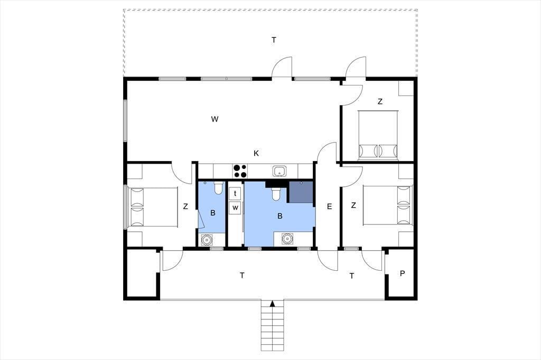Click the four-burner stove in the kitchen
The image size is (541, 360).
coord(240,170)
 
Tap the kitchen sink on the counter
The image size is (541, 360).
coord(278,170)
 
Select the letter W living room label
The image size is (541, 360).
coord(214,119)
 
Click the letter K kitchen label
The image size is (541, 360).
coord(256,154)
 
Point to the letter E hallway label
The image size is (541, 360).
coord(329,206)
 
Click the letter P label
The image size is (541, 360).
coord(402,273)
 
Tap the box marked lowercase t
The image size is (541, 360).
coord(235,193)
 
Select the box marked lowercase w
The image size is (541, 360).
coord(235,207)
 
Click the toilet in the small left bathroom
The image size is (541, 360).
coord(218,188)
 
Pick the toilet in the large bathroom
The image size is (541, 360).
coord(276,194)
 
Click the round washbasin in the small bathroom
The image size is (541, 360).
coord(207,239)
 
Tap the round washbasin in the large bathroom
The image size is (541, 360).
coord(287,239)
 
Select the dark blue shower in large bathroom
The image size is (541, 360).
coord(301,192)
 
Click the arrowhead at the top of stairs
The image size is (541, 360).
coord(273,304)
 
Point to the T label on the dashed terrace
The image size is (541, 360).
coord(274,40)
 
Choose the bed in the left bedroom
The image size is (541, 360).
coord(152,207)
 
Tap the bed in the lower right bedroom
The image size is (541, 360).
coord(388,205)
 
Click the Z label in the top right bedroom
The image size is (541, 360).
coord(380,101)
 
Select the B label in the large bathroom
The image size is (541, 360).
coord(280,216)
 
